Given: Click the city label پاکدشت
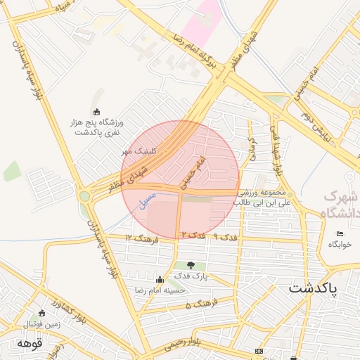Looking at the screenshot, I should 313,288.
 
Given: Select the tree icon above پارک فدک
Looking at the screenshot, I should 191,265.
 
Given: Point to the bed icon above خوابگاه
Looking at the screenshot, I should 340,234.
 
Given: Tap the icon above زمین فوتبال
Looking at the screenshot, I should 39,314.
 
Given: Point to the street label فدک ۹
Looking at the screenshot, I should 226,237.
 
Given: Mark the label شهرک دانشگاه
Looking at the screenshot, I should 339,205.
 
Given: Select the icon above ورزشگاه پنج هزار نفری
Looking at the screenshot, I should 96,112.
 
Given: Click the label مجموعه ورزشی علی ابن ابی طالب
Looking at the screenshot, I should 262,197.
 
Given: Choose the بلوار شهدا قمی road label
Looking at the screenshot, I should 276,151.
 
